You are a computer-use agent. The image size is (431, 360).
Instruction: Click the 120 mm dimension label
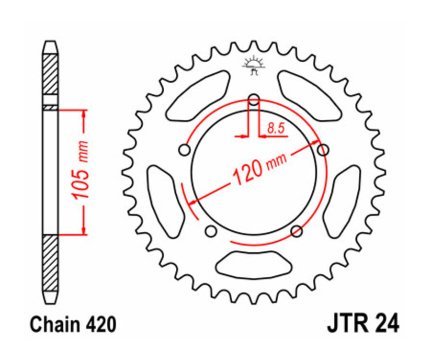pyautogui.click(x=259, y=168)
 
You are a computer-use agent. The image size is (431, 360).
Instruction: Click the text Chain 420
pyautogui.click(x=72, y=325)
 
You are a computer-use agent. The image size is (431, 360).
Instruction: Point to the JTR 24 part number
pyautogui.click(x=363, y=324)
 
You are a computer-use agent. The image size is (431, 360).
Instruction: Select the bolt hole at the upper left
pyautogui.click(x=183, y=151)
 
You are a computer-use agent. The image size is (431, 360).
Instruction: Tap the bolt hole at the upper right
pyautogui.click(x=324, y=150)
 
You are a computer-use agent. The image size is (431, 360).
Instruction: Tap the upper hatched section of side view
pyautogui.click(x=50, y=74)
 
